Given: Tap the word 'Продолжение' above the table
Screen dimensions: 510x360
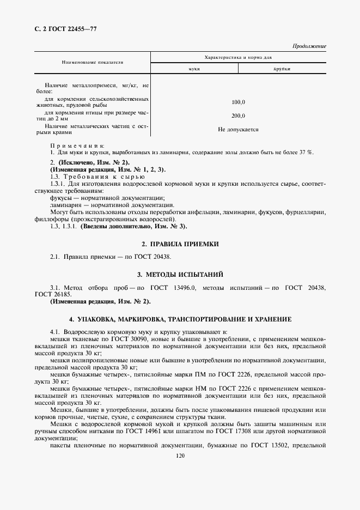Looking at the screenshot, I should pos(309,46).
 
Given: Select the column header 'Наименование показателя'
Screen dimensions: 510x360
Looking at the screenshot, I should pos(92,63).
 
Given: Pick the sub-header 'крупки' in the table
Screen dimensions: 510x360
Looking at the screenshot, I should pos(282,70).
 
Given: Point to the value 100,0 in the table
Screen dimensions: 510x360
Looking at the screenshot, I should pos(238,102).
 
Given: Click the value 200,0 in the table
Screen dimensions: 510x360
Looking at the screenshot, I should pos(238,116).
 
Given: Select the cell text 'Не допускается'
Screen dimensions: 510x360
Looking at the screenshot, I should pos(238,130).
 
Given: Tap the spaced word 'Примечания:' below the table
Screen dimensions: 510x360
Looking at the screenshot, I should pos(77,146).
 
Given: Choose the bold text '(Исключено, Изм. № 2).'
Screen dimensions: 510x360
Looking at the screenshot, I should pos(90,163).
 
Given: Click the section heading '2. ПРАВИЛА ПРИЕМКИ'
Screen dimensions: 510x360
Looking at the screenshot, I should pos(180,245).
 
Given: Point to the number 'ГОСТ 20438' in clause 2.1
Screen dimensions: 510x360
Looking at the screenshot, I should pos(162,257).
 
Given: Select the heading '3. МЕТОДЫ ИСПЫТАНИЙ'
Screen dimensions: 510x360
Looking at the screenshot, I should pos(180,274).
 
